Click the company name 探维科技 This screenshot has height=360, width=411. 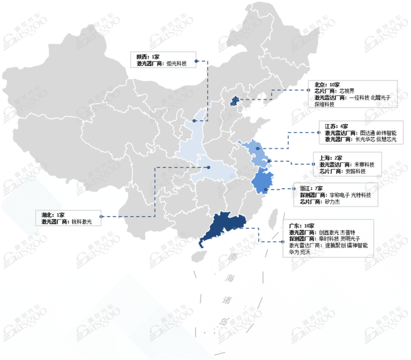(x=324, y=104)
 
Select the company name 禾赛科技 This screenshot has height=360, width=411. (x=364, y=164)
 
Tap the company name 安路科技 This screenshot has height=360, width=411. (x=356, y=171)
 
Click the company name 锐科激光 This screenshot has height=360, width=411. (x=82, y=222)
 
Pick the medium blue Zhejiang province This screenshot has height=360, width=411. (x=263, y=182)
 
